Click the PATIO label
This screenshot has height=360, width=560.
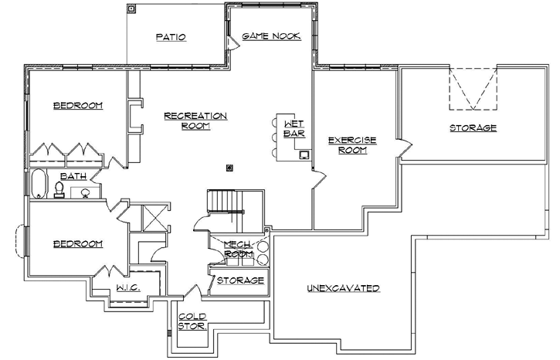(171, 36)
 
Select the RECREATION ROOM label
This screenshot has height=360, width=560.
(196, 121)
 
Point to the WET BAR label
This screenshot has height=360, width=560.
(294, 128)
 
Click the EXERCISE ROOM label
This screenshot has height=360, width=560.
(351, 144)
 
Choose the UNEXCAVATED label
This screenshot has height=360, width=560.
(343, 288)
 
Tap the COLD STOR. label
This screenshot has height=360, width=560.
(192, 321)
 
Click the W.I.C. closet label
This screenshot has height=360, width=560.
(127, 288)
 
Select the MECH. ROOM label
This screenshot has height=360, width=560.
(239, 249)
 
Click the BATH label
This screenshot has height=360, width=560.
(73, 176)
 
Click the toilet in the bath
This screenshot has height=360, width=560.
(59, 188)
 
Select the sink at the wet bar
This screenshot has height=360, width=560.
(304, 155)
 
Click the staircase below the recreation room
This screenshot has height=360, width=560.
(223, 204)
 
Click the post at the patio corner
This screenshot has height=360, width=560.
(131, 10)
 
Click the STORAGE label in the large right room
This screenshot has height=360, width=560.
(473, 127)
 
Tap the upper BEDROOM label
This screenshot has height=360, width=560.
(77, 106)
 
